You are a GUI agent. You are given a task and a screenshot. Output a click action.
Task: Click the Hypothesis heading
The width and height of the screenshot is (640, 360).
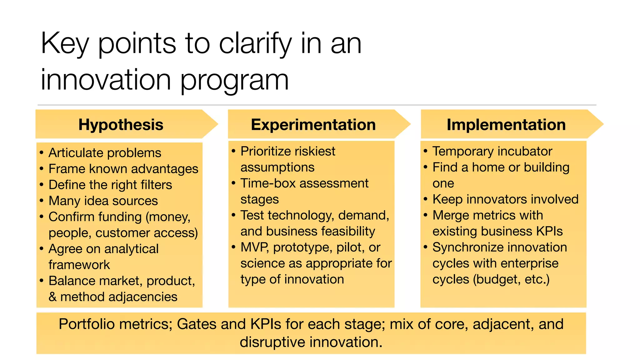(x=121, y=125)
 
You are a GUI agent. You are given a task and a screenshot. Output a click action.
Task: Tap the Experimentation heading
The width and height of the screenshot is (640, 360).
(x=313, y=125)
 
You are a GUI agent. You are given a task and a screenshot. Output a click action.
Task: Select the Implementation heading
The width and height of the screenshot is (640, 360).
(x=506, y=125)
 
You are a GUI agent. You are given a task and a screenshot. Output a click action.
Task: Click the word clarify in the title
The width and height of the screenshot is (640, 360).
(x=255, y=44)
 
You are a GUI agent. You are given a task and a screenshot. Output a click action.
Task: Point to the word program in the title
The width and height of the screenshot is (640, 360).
(x=234, y=80)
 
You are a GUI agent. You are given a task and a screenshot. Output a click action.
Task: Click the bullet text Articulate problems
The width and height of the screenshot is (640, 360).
(x=105, y=153)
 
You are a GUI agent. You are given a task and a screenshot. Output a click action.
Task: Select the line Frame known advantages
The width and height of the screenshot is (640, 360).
(x=123, y=169)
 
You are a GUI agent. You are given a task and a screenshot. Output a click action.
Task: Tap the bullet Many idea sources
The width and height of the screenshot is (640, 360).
(x=103, y=201)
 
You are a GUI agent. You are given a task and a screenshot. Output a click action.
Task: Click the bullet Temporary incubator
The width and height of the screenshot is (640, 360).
(x=492, y=151)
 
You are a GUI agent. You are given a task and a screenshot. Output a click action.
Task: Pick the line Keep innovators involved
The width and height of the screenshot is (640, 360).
(x=505, y=199)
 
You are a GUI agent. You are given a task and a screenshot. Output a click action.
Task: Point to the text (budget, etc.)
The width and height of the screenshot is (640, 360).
(x=511, y=279)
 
